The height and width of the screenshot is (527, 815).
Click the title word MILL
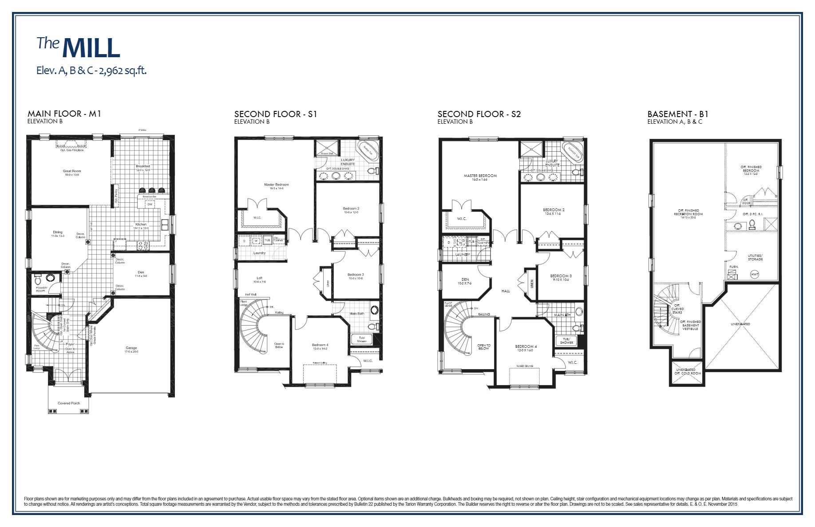tap(91, 48)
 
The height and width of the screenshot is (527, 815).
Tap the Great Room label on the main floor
tap(72, 171)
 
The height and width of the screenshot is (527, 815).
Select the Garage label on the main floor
tap(131, 348)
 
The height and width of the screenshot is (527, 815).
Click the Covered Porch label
tap(69, 403)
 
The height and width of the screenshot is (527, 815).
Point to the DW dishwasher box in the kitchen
tap(150, 205)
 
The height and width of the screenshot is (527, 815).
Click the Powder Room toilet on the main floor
tap(38, 280)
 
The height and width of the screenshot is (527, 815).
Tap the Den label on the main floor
tap(141, 272)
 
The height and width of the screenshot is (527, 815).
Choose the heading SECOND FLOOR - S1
tap(276, 114)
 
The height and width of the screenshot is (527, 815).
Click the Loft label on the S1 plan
tap(260, 278)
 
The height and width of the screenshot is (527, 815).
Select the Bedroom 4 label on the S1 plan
tap(320, 345)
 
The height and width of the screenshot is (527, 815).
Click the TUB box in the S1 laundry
tap(267, 240)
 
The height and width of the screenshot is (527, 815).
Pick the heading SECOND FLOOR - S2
tap(479, 114)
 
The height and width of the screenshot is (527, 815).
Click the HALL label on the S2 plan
tap(506, 291)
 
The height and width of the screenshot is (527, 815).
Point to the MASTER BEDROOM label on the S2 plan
tap(480, 176)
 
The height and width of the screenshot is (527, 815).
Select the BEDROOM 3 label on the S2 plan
tap(561, 276)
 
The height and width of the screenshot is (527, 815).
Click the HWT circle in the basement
tap(755, 275)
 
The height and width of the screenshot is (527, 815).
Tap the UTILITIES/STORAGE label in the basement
tap(755, 257)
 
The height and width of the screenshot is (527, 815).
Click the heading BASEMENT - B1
tap(678, 114)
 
